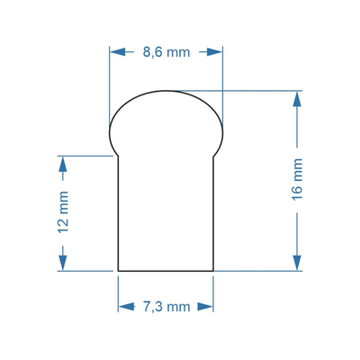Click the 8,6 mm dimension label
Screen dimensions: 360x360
coord(166,52)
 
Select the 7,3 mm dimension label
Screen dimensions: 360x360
coord(166,307)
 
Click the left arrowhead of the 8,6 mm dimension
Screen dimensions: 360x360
coord(114,52)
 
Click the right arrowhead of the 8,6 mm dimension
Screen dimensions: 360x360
coord(217,52)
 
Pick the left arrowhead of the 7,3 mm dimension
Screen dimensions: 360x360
coord(123,307)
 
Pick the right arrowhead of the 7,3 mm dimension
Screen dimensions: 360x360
coord(208,307)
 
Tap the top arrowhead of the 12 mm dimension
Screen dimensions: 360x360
coord(63,162)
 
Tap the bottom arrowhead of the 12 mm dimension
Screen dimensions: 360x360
coord(63,264)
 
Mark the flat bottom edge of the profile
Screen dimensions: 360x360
coord(166,270)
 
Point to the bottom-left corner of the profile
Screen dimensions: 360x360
coord(119,270)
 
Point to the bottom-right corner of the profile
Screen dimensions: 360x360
coord(213,270)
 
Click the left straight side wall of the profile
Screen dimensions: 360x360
coord(119,216)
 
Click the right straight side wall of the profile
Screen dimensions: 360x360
coord(213,216)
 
